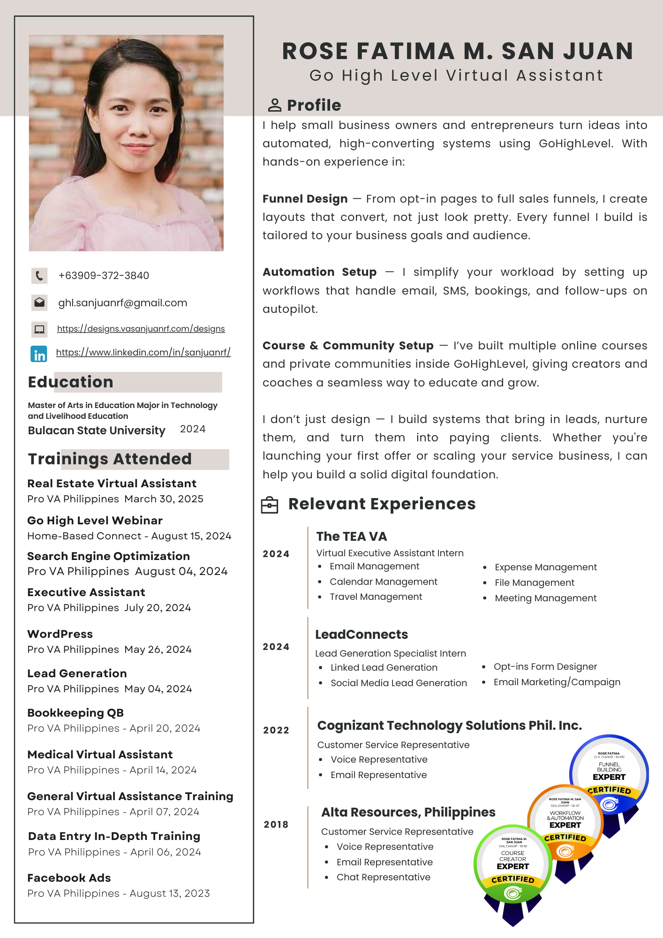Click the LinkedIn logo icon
(39, 354)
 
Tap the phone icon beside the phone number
(39, 276)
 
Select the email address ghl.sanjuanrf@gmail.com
(122, 303)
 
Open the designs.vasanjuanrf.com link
(141, 329)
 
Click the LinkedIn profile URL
(143, 352)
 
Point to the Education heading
(71, 382)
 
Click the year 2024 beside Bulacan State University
(193, 429)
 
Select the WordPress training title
(60, 634)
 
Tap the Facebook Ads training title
(69, 878)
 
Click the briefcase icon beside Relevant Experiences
(270, 505)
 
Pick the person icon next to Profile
(274, 106)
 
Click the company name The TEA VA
(352, 537)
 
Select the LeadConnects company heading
(362, 635)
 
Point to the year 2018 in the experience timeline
(276, 825)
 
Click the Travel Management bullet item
(376, 597)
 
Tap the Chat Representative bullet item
(383, 877)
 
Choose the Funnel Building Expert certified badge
(609, 774)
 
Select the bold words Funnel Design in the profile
(305, 199)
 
